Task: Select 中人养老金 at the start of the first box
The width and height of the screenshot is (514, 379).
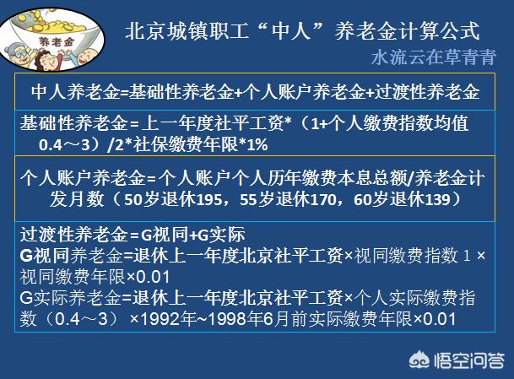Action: (x=69, y=91)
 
